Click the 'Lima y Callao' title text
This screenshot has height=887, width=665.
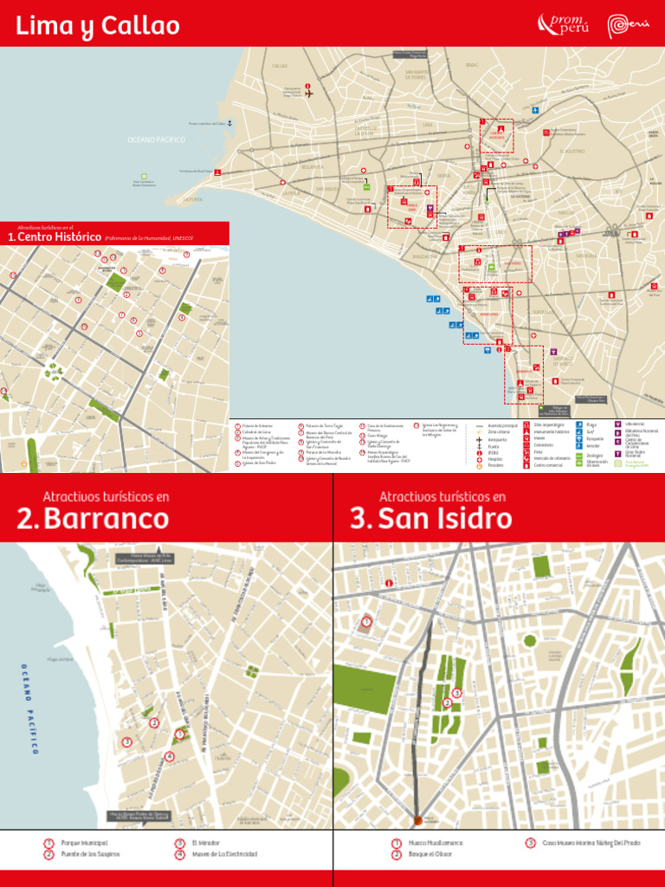tap(97, 26)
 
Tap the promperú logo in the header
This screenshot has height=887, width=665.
tap(564, 25)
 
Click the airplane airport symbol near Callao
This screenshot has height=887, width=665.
tap(308, 93)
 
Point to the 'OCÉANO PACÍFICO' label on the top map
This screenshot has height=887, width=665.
tap(157, 139)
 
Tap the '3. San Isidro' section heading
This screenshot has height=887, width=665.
tap(430, 519)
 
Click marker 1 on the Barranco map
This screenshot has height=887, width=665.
tap(179, 735)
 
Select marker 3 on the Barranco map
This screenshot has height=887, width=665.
tap(126, 741)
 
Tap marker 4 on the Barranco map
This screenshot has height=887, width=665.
tap(169, 756)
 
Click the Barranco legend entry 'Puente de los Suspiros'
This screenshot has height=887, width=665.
tap(90, 854)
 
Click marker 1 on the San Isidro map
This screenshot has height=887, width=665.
tap(367, 621)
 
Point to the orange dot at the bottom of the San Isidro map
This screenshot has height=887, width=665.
tap(418, 819)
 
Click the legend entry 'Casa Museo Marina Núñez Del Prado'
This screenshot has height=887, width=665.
tap(591, 842)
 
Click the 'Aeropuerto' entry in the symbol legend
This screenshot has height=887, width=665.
tap(498, 440)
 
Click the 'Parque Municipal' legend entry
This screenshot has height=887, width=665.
tap(84, 842)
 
